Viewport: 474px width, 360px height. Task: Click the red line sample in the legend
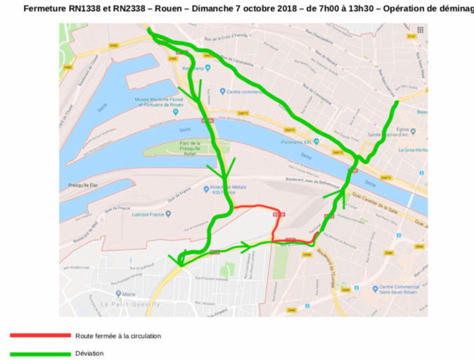[x=40, y=336]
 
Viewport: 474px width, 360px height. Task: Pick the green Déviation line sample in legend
[x=40, y=353]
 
